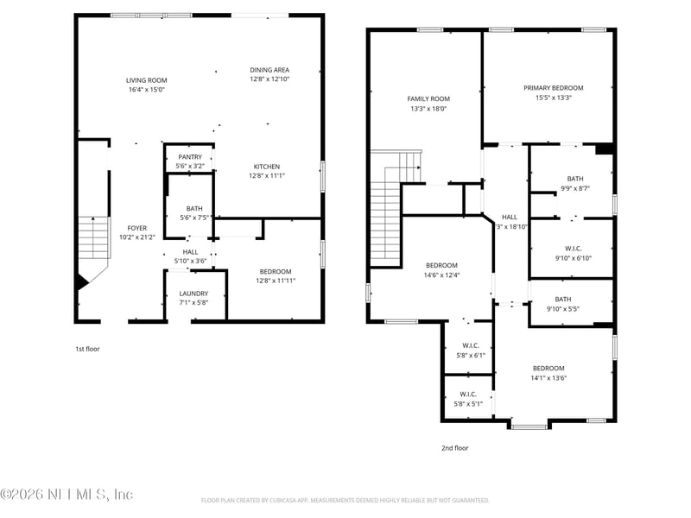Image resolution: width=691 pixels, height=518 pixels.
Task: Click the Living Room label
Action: (146, 80)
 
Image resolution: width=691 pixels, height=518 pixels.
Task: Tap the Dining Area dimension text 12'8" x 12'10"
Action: (269, 79)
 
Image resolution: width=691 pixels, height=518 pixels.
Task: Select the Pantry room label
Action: (190, 156)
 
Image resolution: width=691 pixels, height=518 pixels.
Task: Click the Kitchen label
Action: (266, 167)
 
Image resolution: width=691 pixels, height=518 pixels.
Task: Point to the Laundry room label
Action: (193, 294)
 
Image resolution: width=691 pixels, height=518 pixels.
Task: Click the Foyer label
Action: (137, 228)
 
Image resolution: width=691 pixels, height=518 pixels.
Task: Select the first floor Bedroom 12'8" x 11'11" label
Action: (274, 271)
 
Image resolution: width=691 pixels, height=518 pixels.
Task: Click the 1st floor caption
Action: (87, 349)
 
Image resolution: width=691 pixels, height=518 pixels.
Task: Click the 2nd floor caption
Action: (454, 448)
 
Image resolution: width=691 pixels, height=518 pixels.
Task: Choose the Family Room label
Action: (428, 98)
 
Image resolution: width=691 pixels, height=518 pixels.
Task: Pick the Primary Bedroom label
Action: (553, 88)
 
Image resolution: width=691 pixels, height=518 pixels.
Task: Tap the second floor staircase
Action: (387, 212)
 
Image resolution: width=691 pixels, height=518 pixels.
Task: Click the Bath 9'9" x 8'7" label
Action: (575, 179)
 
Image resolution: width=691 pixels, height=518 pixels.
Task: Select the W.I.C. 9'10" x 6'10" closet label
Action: (574, 248)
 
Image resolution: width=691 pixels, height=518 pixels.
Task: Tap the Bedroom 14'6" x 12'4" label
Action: (441, 265)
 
